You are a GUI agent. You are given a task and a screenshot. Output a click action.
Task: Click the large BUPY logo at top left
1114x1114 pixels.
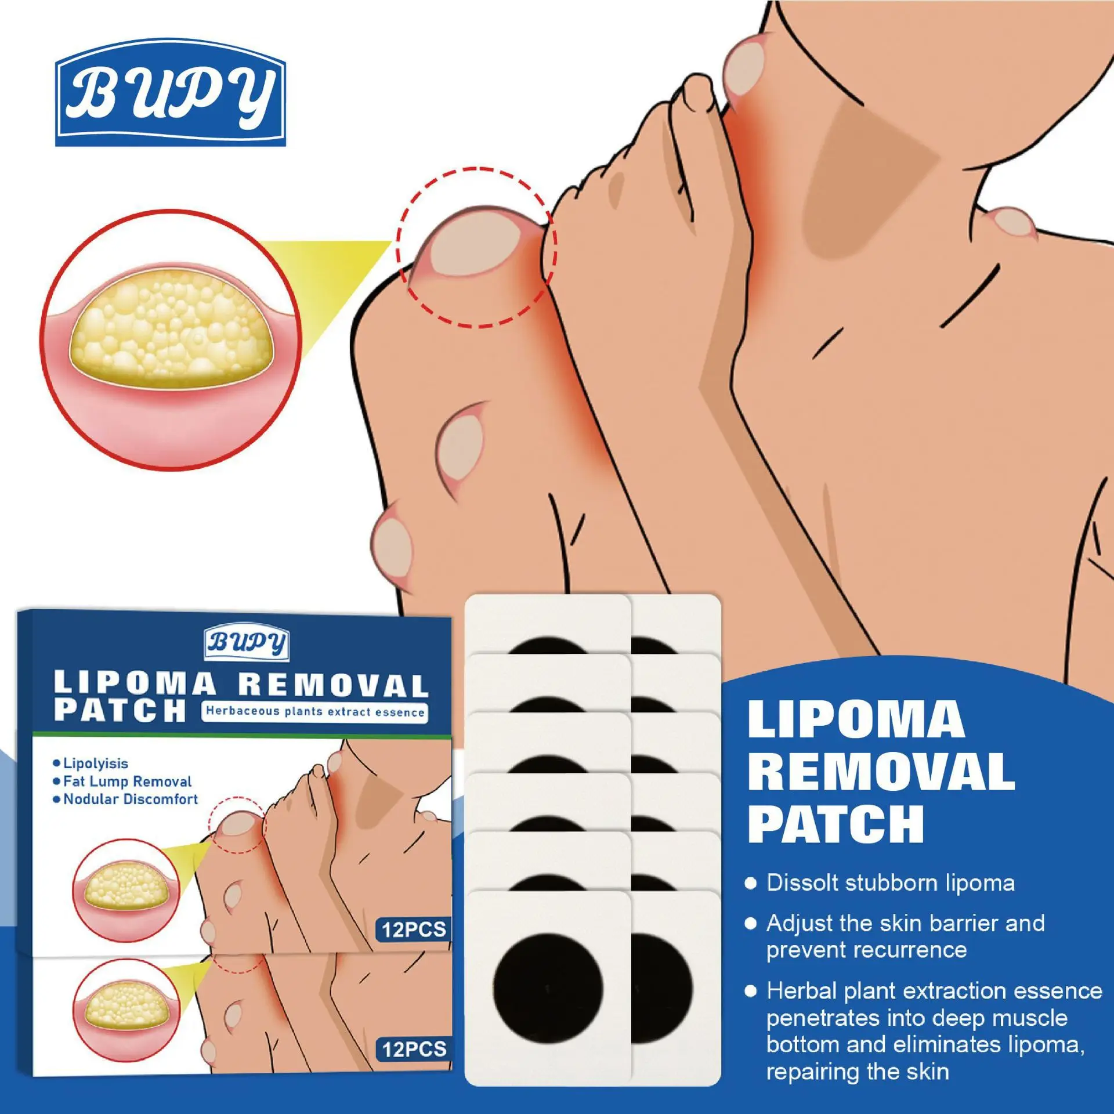[171, 93]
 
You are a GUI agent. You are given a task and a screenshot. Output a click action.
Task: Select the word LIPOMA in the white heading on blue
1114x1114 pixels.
[856, 720]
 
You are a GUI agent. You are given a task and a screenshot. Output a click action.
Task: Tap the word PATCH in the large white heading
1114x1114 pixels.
[835, 824]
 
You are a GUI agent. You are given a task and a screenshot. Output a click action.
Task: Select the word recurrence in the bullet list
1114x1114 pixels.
[866, 950]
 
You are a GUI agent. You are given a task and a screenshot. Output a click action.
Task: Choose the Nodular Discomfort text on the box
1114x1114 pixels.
[131, 799]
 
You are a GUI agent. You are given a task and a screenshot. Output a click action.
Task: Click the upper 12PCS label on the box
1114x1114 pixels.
[414, 929]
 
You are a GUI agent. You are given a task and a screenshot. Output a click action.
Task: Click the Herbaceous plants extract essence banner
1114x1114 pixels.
[315, 712]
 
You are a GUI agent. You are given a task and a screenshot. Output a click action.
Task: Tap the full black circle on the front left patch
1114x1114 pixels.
[548, 988]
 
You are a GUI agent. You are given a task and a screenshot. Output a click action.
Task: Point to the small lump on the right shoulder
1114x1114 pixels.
[1010, 223]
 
